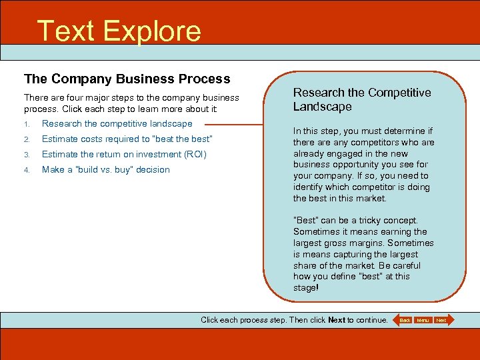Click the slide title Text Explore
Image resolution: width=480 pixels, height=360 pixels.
pos(119,31)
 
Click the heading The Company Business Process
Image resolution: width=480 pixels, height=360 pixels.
pos(127,79)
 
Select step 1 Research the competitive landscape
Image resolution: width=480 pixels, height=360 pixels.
pos(117,123)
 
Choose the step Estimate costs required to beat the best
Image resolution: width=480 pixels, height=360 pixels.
pos(127,139)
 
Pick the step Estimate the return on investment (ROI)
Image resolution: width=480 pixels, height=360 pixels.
pos(124,154)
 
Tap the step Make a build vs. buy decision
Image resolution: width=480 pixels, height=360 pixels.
pos(105,169)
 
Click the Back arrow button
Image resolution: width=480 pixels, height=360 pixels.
pos(404,320)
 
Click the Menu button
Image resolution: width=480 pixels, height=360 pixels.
pos(423,320)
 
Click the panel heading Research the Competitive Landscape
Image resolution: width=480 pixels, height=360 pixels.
pos(362,99)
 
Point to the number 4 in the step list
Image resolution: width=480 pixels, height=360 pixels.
pos(27,170)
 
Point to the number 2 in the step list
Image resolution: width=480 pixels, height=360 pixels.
pos(27,139)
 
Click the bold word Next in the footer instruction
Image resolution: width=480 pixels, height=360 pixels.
pos(337,320)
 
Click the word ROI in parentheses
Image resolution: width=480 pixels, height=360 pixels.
pos(195,154)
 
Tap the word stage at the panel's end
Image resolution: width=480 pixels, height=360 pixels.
pos(305,288)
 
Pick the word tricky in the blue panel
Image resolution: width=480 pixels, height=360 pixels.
pos(359,220)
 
